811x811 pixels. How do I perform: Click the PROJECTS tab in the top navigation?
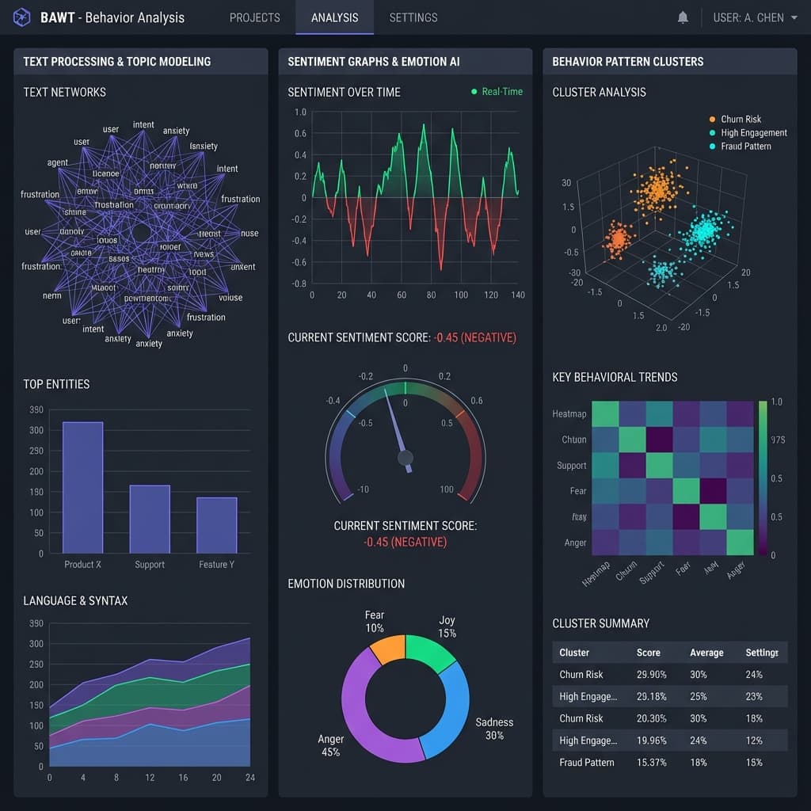[x=254, y=17]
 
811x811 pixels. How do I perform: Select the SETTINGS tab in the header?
[x=413, y=17]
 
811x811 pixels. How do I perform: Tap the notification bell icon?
[x=683, y=17]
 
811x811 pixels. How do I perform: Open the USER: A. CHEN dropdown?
[x=755, y=17]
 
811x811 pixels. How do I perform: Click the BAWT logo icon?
[x=22, y=17]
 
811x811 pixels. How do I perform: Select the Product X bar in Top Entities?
[x=82, y=487]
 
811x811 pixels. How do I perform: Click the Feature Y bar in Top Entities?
[x=216, y=524]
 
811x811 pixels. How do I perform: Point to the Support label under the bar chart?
[x=150, y=565]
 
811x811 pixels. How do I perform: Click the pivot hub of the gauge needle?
[x=405, y=457]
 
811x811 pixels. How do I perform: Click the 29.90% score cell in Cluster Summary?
[x=651, y=675]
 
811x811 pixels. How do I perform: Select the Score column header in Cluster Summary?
[x=648, y=653]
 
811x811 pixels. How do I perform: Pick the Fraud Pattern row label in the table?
[x=586, y=763]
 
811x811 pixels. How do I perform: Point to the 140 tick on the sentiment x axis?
[x=518, y=295]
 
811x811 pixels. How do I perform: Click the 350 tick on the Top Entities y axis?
[x=36, y=409]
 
